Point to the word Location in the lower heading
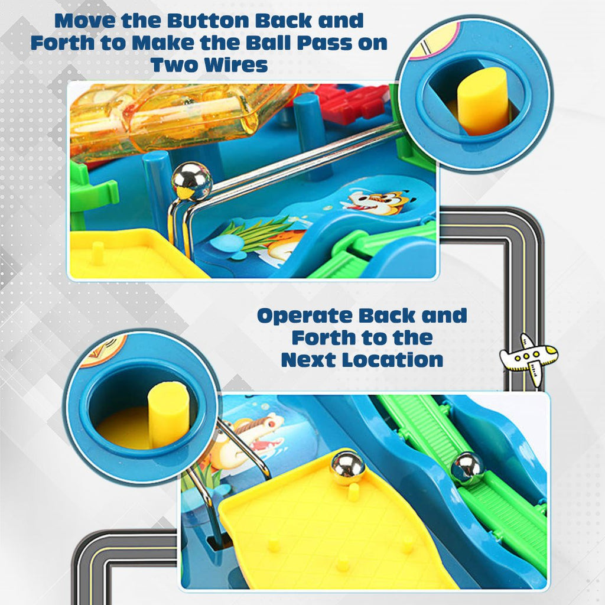click(393, 359)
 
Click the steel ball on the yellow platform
click(347, 467)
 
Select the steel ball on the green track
click(467, 467)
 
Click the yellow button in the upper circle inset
click(483, 101)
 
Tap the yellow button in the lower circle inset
click(168, 414)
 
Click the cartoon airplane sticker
click(529, 357)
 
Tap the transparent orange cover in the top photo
click(177, 118)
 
